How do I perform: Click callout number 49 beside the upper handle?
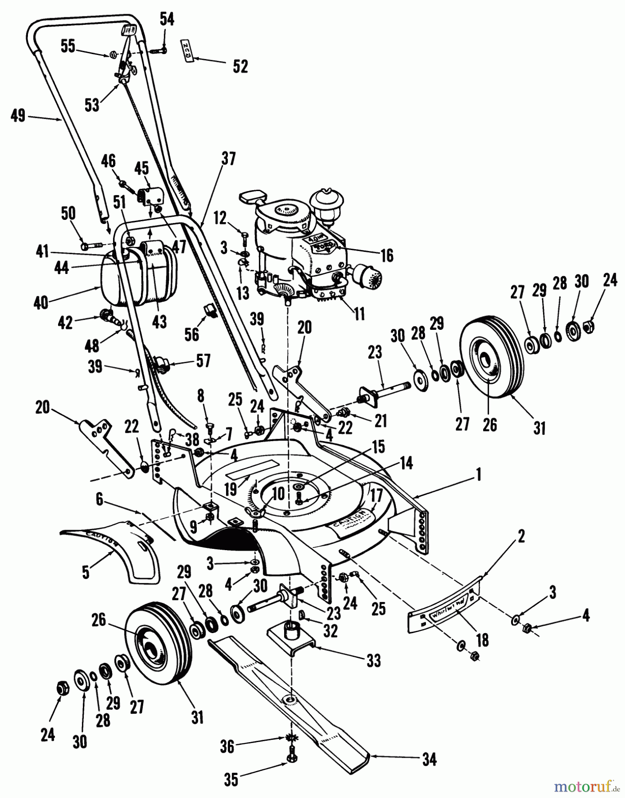coord(18,117)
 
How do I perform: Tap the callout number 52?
coord(240,66)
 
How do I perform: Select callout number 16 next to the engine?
coord(387,255)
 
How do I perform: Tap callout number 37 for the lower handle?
coord(229,158)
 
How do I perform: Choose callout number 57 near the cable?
coord(203,360)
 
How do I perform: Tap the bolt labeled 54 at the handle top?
coord(160,51)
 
